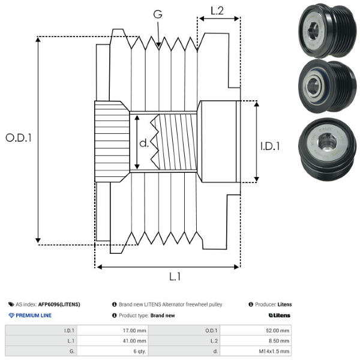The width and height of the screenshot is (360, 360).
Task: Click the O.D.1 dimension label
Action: [x=19, y=137]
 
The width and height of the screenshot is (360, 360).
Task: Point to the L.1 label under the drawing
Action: [x=175, y=277]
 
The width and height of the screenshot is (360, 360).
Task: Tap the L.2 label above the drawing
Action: [x=217, y=10]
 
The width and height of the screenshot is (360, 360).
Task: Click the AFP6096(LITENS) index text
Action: [x=59, y=305]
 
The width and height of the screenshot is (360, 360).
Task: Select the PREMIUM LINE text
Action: [x=34, y=316]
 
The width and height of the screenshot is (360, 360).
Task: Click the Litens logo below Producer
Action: [x=280, y=316]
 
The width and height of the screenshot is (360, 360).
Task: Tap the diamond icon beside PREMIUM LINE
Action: [x=11, y=316]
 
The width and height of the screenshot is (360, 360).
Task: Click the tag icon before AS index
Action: [x=11, y=305]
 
